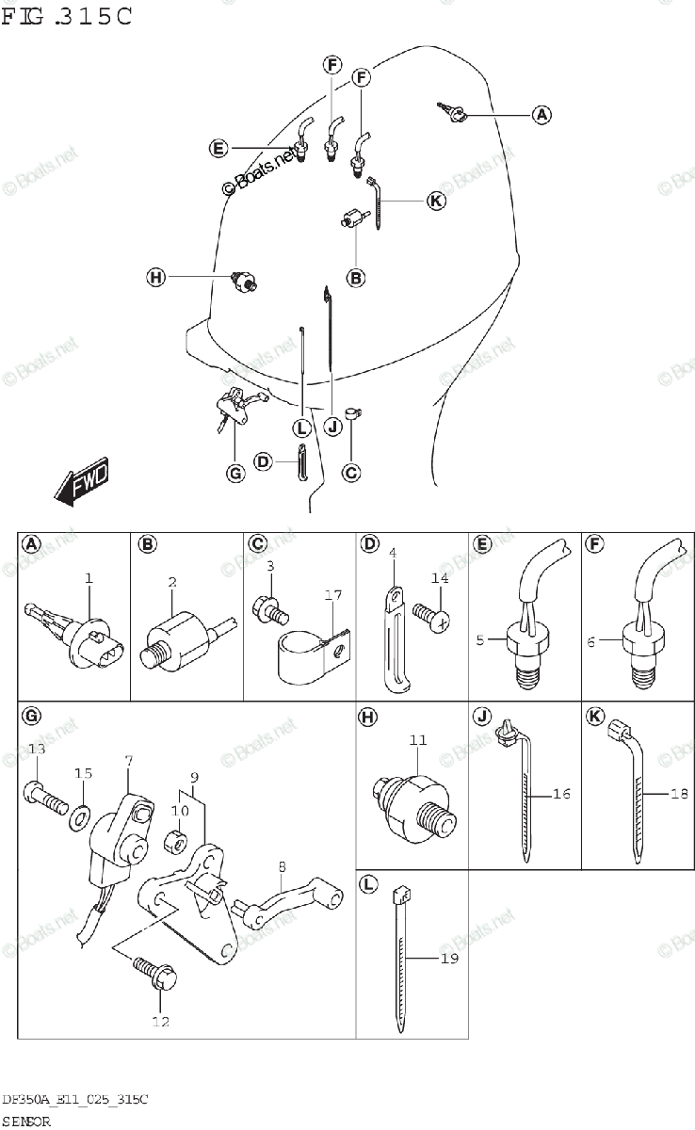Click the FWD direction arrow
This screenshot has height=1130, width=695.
[x=82, y=483]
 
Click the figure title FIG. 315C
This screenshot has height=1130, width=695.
[x=67, y=16]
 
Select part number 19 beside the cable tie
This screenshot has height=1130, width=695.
[x=449, y=959]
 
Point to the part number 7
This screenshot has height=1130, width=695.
[x=128, y=759]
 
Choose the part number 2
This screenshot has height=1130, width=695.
[x=172, y=583]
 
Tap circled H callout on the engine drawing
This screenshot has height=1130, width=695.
[x=155, y=277]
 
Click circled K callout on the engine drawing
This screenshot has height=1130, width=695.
[x=435, y=201]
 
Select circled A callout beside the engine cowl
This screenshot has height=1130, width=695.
[x=541, y=115]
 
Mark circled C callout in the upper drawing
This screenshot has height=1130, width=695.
[x=351, y=473]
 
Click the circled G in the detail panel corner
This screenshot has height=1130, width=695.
[x=31, y=718]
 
